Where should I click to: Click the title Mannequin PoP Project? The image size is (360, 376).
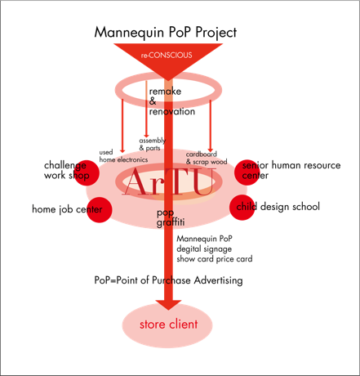click(166, 33)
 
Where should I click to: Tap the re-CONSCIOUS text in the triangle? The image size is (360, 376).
click(167, 56)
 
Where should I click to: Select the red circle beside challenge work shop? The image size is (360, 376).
click(87, 172)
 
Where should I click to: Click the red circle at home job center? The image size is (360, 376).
click(100, 210)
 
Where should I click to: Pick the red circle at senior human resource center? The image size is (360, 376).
click(247, 172)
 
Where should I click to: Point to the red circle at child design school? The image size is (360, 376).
click(242, 208)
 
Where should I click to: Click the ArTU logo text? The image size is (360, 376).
click(169, 182)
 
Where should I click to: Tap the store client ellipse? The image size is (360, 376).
click(167, 325)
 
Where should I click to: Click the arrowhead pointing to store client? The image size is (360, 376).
click(168, 305)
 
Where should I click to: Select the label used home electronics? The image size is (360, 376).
click(123, 156)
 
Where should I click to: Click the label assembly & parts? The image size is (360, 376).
click(153, 144)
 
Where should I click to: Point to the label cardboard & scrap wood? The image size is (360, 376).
click(207, 158)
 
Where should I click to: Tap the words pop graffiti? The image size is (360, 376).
click(171, 217)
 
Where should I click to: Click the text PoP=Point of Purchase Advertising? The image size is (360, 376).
click(168, 280)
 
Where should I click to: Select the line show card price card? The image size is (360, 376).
click(215, 259)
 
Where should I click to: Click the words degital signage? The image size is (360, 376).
click(204, 248)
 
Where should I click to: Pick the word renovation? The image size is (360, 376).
click(172, 111)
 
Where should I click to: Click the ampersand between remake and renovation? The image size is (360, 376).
click(153, 101)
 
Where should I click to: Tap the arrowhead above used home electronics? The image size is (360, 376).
click(122, 150)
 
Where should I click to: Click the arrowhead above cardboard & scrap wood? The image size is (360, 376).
click(210, 150)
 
